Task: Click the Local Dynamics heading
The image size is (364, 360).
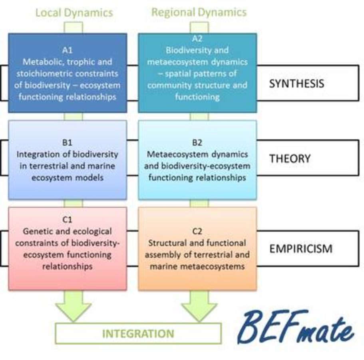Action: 74,12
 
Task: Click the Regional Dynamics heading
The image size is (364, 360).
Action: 199,12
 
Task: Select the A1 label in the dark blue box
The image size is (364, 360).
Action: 67,50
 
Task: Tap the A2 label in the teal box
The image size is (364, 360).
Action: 197,38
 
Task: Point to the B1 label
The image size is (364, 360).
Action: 67,142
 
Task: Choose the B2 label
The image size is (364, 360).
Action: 197,142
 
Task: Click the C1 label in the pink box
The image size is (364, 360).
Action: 67,219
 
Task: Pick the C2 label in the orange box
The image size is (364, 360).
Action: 197,231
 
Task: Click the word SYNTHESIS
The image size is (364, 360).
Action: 296,84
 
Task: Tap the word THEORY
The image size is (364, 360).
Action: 290,158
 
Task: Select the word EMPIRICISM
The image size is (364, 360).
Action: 301,249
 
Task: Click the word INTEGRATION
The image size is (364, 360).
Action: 138,334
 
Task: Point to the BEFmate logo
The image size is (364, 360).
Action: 295,327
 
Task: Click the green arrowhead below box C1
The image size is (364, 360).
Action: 74,312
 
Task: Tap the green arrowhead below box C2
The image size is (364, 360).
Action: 199,312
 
